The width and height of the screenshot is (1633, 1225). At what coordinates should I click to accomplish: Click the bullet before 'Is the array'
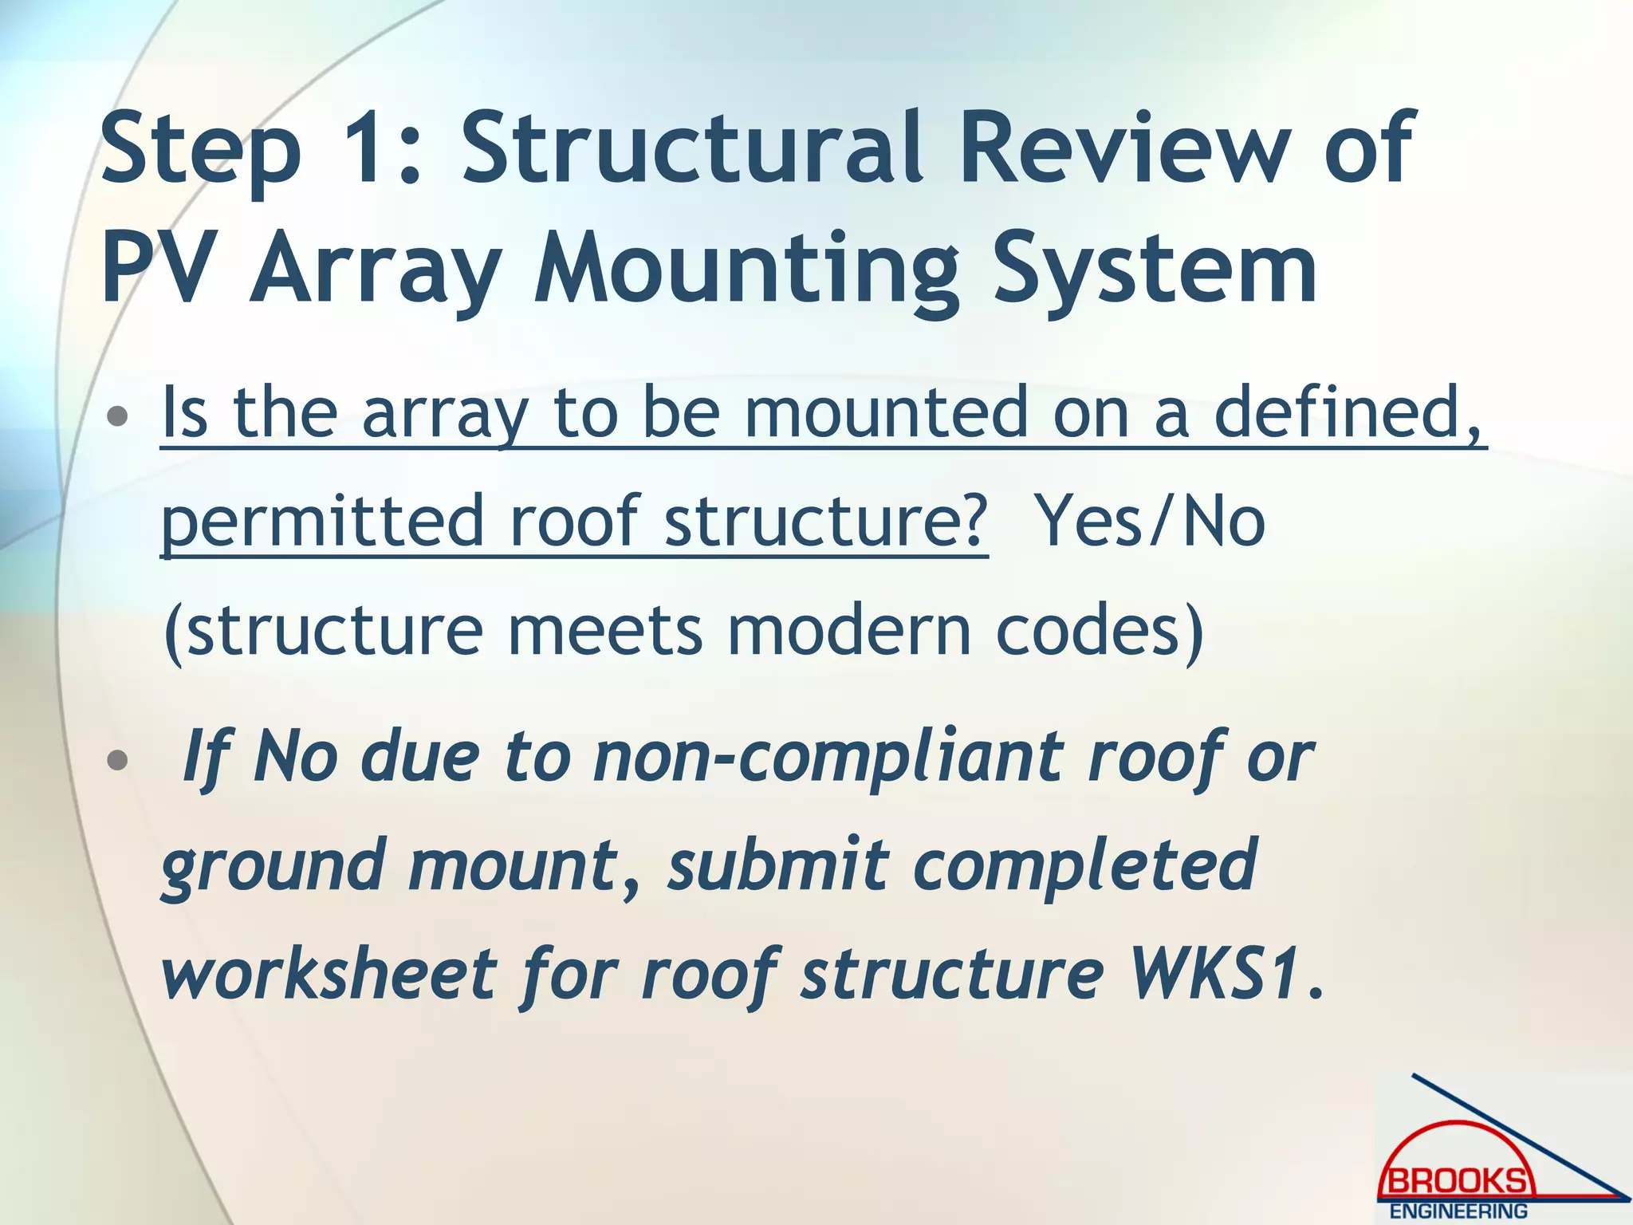click(x=117, y=416)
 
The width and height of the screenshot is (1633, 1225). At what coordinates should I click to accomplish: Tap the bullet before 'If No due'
click(x=117, y=760)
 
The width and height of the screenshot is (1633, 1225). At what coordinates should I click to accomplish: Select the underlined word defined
click(x=1348, y=412)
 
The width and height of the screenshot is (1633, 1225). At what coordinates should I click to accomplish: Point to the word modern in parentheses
click(x=848, y=630)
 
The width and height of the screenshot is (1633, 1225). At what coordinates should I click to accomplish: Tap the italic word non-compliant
click(x=829, y=758)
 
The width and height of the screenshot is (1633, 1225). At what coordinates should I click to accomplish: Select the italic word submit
click(x=777, y=865)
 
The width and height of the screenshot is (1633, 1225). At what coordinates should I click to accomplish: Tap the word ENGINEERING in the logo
click(x=1458, y=1211)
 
